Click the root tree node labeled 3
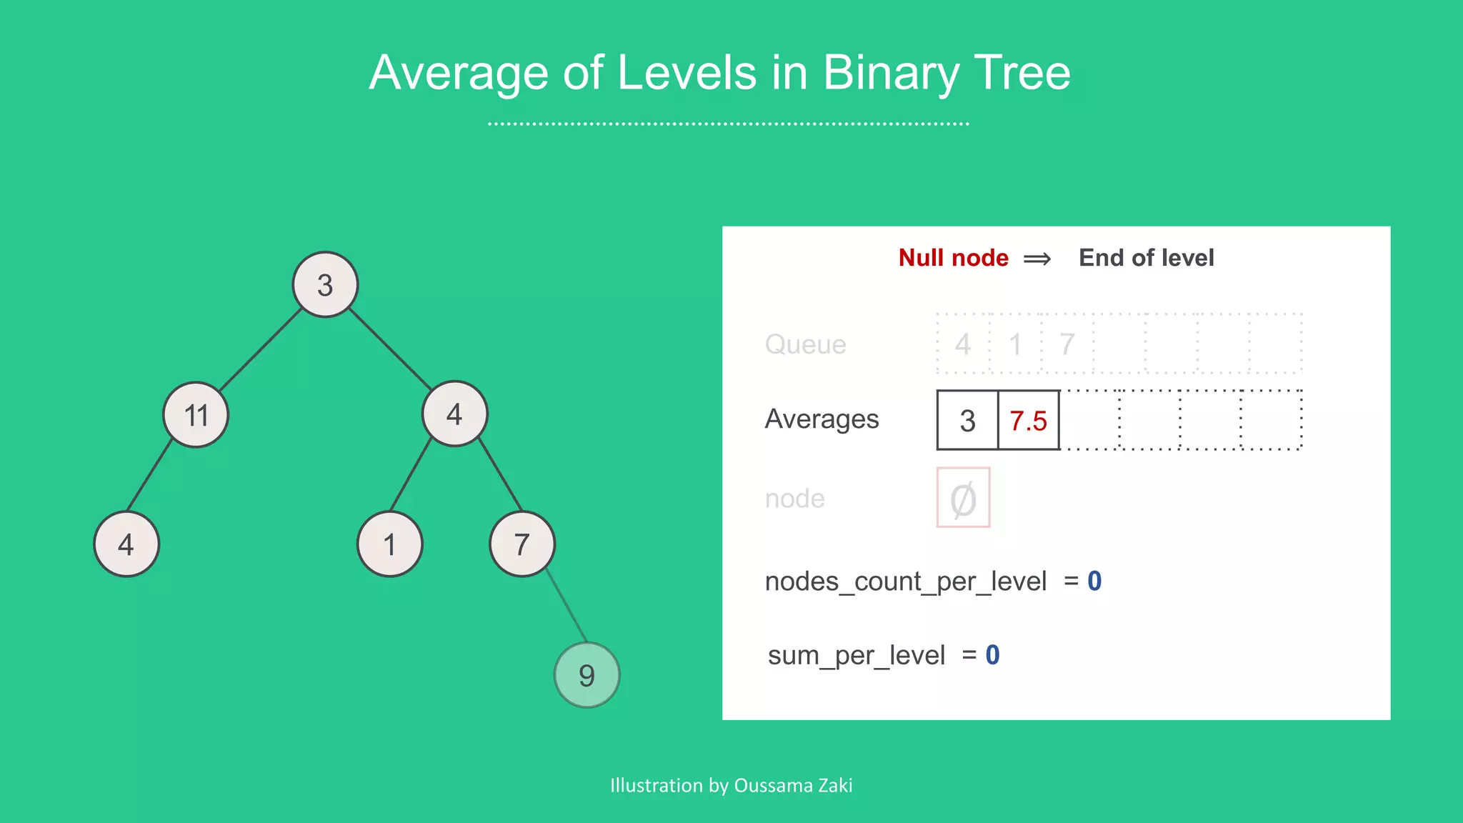pyautogui.click(x=325, y=284)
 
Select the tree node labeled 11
pyautogui.click(x=196, y=414)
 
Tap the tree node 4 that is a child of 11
pyautogui.click(x=126, y=544)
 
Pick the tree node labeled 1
pyautogui.click(x=389, y=544)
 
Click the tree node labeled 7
pyautogui.click(x=522, y=544)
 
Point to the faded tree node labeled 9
pyautogui.click(x=586, y=675)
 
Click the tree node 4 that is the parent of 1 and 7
pyautogui.click(x=454, y=414)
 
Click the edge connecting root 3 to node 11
pyautogui.click(x=261, y=349)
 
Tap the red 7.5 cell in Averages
pyautogui.click(x=1028, y=420)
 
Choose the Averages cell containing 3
pyautogui.click(x=967, y=420)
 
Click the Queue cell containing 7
pyautogui.click(x=1067, y=344)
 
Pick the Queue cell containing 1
pyautogui.click(x=1015, y=344)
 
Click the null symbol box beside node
pyautogui.click(x=963, y=498)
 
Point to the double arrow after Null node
pyautogui.click(x=1037, y=259)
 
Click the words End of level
pyautogui.click(x=1146, y=258)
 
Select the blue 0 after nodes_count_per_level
pyautogui.click(x=1094, y=581)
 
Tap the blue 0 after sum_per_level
pyautogui.click(x=992, y=654)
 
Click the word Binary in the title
pyautogui.click(x=890, y=73)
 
